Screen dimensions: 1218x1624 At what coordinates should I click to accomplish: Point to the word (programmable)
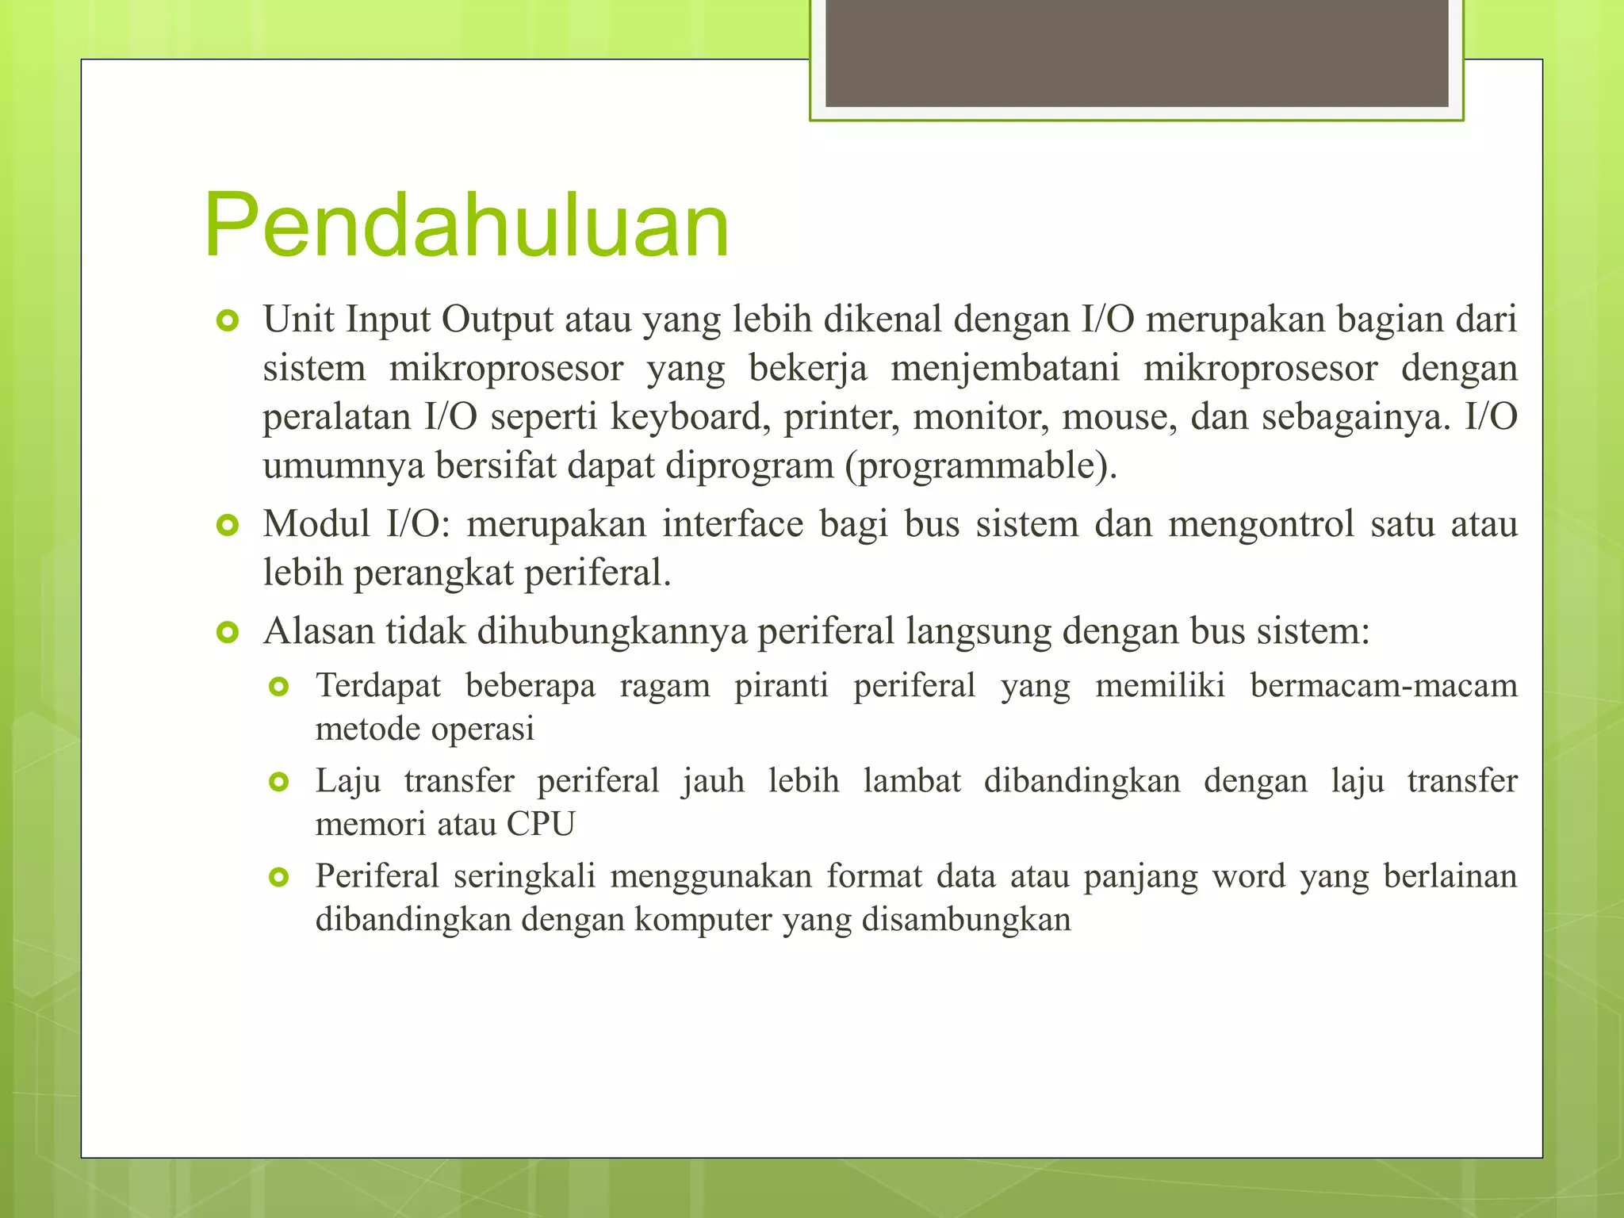981,466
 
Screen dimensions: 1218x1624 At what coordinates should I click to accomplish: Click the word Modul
316,524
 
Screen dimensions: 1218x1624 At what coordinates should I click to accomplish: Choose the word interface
733,524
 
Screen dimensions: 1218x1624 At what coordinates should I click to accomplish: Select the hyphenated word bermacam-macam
1383,685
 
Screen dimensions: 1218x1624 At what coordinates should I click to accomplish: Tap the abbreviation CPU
541,824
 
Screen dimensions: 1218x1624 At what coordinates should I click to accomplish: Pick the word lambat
912,781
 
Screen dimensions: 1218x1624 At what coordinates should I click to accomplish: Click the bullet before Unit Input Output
228,321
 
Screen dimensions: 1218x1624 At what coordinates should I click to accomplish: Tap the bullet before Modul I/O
228,525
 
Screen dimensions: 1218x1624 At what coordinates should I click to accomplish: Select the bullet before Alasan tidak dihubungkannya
228,633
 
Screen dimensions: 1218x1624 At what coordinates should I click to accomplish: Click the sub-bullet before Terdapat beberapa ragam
279,687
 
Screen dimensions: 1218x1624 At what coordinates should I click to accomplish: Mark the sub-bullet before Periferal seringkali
279,878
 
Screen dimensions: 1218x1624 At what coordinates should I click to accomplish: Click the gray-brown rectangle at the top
1136,52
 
